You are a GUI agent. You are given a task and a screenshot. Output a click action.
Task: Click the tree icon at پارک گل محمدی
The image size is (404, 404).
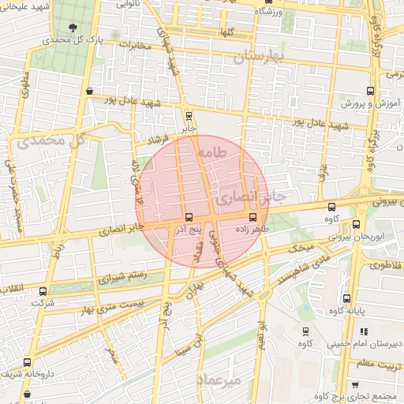(x=74, y=28)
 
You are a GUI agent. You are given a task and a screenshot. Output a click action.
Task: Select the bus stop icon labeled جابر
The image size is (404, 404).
(x=187, y=114)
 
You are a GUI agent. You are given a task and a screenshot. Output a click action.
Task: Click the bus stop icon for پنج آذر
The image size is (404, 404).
(x=188, y=217)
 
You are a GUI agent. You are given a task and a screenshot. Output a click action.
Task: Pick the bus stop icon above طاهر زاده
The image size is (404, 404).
(x=252, y=216)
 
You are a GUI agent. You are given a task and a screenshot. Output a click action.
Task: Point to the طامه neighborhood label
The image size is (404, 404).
(x=213, y=151)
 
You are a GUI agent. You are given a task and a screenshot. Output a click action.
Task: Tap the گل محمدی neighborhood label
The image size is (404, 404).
(x=48, y=142)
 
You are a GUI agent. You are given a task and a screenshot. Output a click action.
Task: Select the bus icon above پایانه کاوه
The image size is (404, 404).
(x=346, y=298)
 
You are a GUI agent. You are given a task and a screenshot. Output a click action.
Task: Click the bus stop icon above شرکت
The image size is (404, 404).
(x=43, y=290)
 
